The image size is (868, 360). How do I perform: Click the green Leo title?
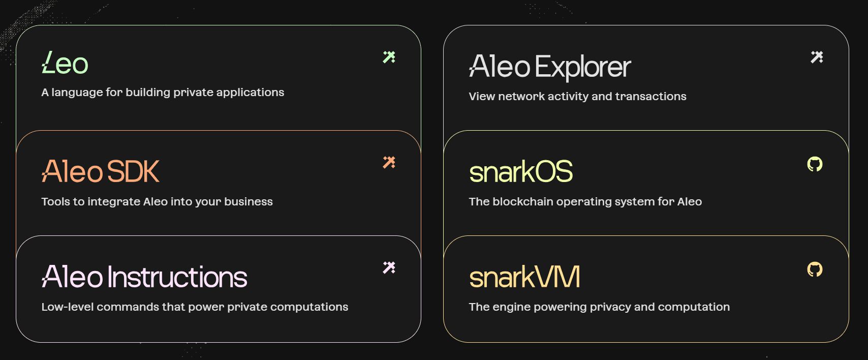point(65,63)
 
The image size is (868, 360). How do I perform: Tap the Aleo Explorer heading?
point(550,67)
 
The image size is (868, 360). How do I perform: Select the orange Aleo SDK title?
point(100,171)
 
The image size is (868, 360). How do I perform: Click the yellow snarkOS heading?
point(521,172)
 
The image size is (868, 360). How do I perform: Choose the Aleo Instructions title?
point(144,277)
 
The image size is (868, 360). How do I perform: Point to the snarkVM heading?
point(524,277)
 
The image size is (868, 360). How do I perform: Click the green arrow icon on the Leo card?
point(389,57)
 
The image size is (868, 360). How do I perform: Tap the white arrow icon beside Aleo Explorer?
point(817,57)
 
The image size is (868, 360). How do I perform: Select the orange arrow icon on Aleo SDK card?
point(389,162)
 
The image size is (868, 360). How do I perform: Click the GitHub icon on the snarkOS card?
point(815,164)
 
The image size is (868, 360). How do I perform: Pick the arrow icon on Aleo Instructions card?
point(389,267)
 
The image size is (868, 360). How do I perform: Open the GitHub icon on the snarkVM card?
point(815,269)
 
